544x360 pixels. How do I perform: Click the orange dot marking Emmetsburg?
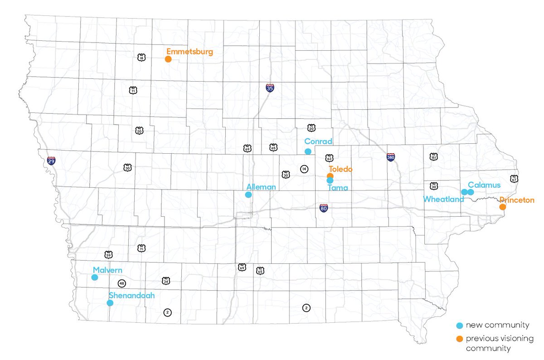(168, 59)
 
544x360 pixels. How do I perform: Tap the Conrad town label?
(318, 141)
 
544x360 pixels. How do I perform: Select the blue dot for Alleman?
(248, 195)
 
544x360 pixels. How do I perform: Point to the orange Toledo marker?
(330, 176)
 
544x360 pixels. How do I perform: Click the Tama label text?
(338, 188)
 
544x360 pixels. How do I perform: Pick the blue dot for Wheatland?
(464, 192)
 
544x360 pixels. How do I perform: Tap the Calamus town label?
(484, 185)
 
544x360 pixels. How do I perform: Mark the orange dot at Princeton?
(502, 207)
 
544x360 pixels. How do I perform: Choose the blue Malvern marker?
(94, 277)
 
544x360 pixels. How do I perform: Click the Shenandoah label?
(131, 295)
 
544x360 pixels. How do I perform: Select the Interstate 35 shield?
(270, 88)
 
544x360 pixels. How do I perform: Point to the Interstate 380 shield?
(391, 157)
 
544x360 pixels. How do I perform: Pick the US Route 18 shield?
(141, 57)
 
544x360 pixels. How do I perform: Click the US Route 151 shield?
(433, 156)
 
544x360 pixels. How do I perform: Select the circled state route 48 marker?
(121, 283)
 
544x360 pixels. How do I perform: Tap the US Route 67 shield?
(513, 178)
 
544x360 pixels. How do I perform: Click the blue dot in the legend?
(460, 326)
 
